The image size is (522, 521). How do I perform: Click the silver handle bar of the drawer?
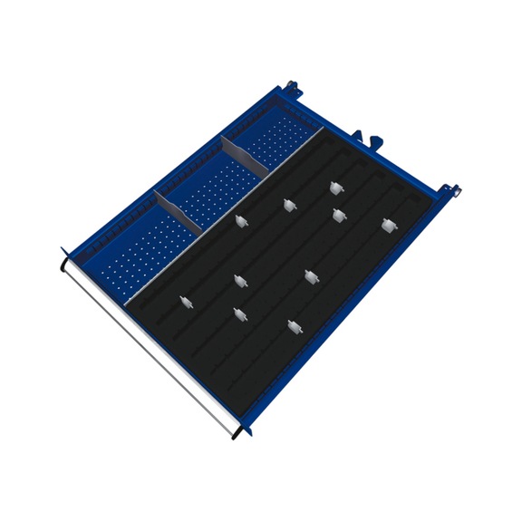coord(150,345)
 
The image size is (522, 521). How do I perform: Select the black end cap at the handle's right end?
coord(237,433)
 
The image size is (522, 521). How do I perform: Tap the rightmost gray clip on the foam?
coord(389,225)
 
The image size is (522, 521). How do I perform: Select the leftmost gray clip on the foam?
coord(185,302)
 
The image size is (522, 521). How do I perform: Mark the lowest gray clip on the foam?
coord(293,326)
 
